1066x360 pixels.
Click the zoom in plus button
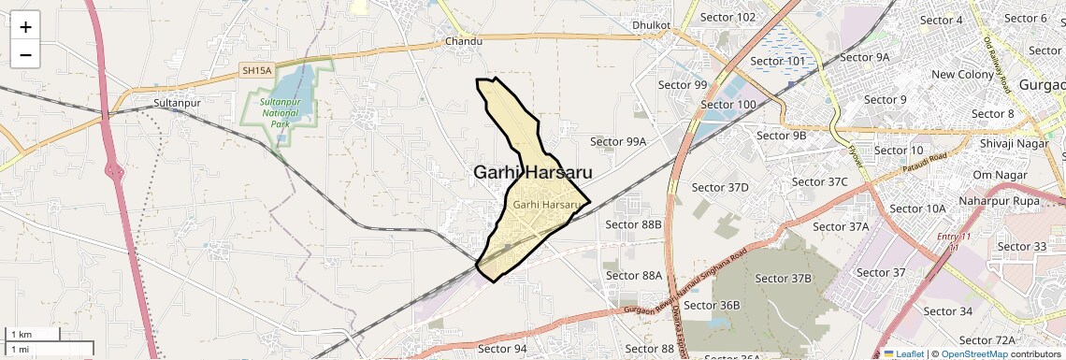pyautogui.click(x=25, y=26)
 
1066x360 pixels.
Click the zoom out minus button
pyautogui.click(x=25, y=54)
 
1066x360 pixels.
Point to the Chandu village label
pyautogui.click(x=464, y=41)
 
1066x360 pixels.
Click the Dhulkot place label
pyautogui.click(x=652, y=24)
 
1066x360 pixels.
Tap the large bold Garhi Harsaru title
pyautogui.click(x=532, y=172)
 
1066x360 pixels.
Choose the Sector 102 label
pyautogui.click(x=727, y=17)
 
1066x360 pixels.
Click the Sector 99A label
pyautogui.click(x=618, y=141)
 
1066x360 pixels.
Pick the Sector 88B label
pyautogui.click(x=633, y=224)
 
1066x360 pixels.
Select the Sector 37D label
pyautogui.click(x=720, y=187)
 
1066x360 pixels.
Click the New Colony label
pyautogui.click(x=962, y=75)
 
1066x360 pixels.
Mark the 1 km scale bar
pyautogui.click(x=34, y=334)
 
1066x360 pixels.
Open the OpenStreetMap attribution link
pyautogui.click(x=973, y=353)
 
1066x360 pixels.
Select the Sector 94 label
pyautogui.click(x=502, y=349)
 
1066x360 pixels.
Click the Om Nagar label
pyautogui.click(x=994, y=175)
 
